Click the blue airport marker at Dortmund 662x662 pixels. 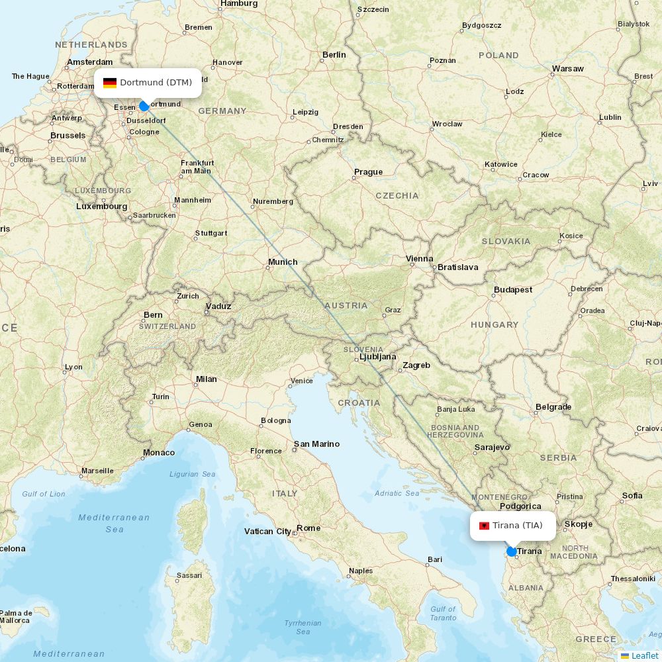[x=144, y=106]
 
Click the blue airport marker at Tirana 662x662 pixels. [x=511, y=551]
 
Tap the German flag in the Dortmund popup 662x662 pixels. [x=110, y=83]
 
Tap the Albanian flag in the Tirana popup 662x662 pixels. [x=484, y=526]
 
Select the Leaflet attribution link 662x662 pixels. [x=644, y=655]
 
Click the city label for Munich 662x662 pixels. [x=283, y=262]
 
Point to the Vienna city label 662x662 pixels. [x=419, y=259]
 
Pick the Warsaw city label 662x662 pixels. [x=567, y=69]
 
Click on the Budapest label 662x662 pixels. [x=513, y=290]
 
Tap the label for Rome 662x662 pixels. [x=308, y=528]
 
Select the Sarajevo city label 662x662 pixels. [x=492, y=448]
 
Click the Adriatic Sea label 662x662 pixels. [x=397, y=493]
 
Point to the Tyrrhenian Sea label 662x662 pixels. [x=303, y=627]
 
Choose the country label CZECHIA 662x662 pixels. [x=397, y=196]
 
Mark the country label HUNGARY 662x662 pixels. [x=495, y=325]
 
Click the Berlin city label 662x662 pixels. [x=334, y=55]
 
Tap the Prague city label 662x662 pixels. [x=368, y=172]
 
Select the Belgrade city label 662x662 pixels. [x=553, y=407]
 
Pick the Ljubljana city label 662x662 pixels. [x=377, y=357]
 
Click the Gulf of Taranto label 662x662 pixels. [x=443, y=614]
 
